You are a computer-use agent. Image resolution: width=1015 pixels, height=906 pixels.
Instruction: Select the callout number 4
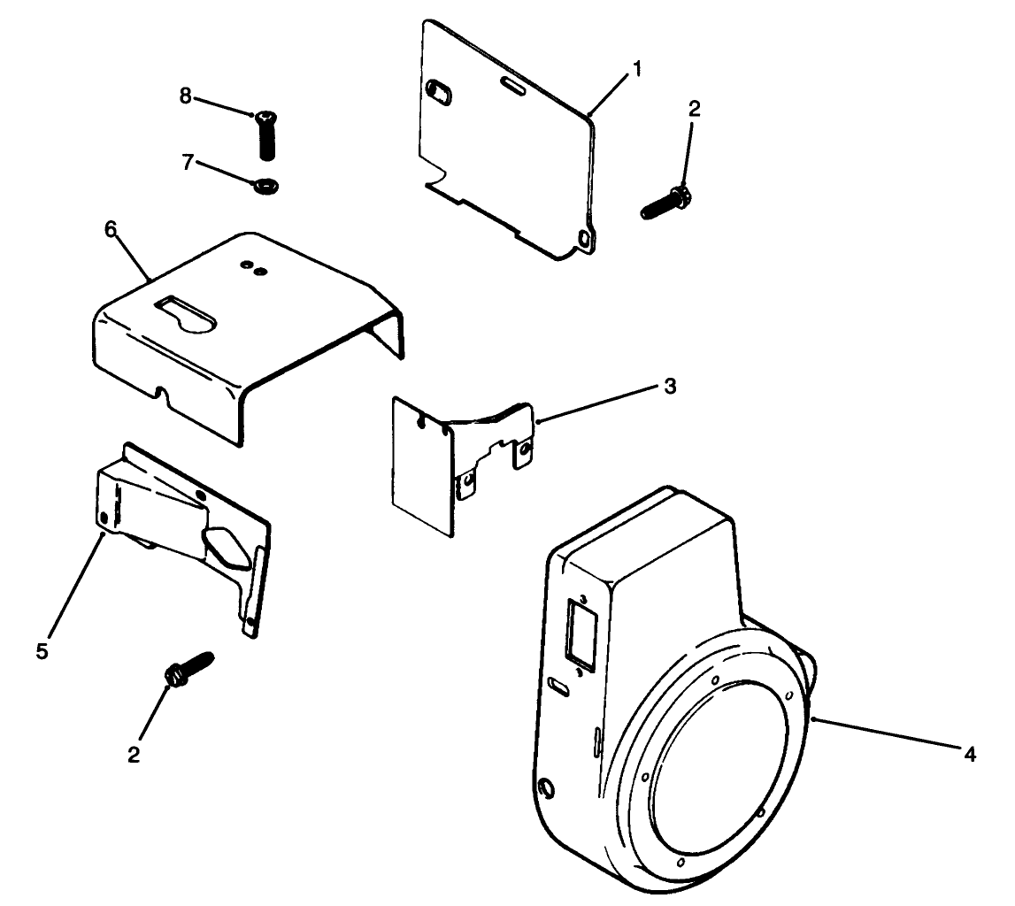(970, 754)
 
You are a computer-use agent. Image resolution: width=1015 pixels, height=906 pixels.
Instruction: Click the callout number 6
(110, 229)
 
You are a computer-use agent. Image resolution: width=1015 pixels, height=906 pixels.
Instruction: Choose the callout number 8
(185, 96)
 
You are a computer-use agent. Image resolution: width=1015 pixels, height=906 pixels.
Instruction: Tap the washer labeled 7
(265, 186)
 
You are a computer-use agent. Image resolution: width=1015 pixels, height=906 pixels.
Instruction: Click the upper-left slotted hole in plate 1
(439, 90)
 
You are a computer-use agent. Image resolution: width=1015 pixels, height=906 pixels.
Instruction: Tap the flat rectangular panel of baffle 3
(421, 465)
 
